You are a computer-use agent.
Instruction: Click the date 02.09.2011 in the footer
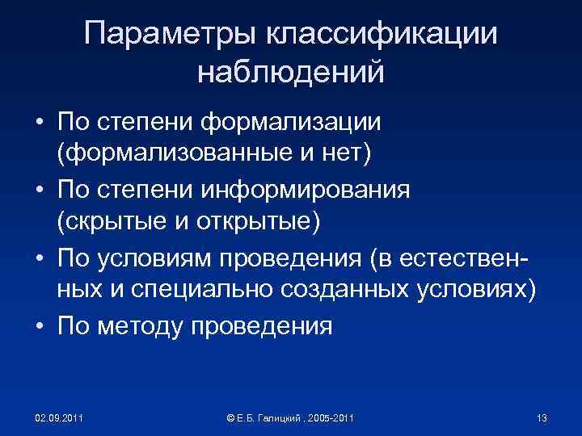coord(59,417)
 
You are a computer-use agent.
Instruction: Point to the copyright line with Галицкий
coord(291,417)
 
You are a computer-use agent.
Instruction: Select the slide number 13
coord(542,417)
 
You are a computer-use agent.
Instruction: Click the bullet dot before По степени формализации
coord(39,123)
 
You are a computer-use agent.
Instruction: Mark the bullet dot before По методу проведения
coord(39,327)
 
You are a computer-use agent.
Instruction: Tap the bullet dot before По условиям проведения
coord(39,260)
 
